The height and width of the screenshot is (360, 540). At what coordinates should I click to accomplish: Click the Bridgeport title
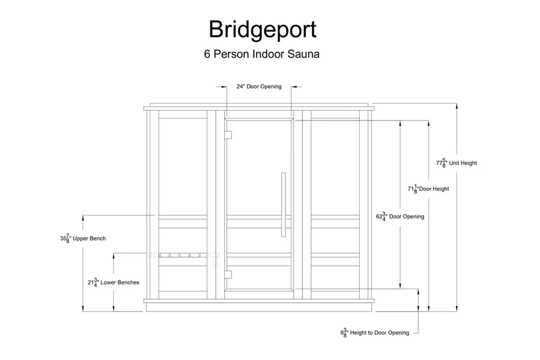(x=262, y=30)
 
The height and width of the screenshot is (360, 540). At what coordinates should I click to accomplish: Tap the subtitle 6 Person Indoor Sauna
(x=261, y=54)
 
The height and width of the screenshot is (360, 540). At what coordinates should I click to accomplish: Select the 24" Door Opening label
(x=259, y=86)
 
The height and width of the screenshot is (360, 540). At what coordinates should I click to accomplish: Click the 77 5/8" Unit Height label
(x=456, y=163)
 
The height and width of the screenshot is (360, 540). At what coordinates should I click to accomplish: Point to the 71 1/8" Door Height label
(x=428, y=189)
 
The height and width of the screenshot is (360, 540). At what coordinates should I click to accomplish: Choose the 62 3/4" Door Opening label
(x=400, y=216)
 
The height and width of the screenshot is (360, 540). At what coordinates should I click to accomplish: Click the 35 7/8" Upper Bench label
(x=83, y=238)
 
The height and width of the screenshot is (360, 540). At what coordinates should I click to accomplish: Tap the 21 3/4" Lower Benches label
(x=113, y=282)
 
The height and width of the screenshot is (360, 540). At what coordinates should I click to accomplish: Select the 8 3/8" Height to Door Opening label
(x=374, y=333)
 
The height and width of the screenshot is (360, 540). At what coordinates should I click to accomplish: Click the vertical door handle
(x=283, y=204)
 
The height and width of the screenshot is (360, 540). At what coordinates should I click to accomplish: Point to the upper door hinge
(x=228, y=135)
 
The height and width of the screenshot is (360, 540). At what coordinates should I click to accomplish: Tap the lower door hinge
(x=228, y=274)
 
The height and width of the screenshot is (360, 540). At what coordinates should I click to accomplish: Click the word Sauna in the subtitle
(x=303, y=54)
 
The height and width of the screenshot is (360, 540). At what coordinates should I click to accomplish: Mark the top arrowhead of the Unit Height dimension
(x=457, y=106)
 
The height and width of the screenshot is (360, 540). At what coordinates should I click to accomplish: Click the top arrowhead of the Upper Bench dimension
(x=83, y=218)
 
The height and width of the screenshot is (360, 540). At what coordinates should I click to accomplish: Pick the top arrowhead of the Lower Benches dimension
(x=113, y=256)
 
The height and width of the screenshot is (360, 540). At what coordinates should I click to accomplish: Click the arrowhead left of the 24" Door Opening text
(x=224, y=86)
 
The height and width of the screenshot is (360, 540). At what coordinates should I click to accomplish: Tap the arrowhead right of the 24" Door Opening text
(x=294, y=86)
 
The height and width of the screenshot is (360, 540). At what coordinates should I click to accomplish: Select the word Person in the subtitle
(x=231, y=54)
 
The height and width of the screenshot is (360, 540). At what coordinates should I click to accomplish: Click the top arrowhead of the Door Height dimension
(x=428, y=123)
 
